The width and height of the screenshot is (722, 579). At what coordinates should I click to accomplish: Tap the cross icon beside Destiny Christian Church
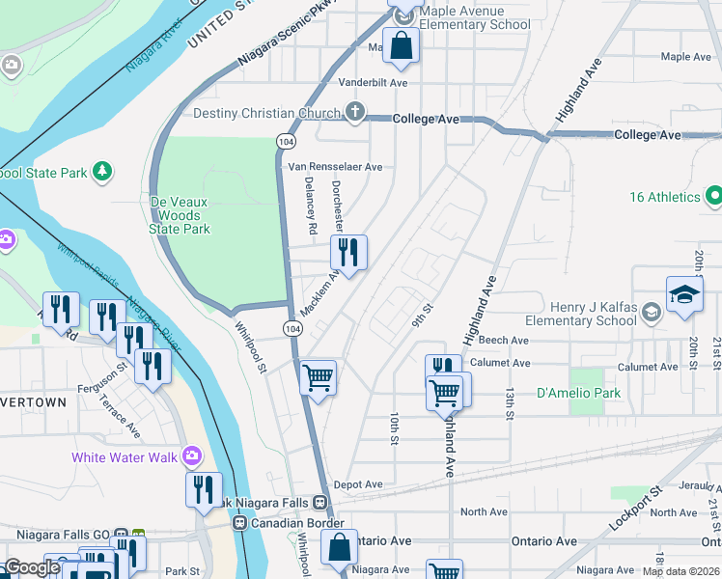point(355,113)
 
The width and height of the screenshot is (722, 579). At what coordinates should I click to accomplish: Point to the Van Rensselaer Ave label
point(335,167)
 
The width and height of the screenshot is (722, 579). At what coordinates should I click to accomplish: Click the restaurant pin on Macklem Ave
point(348,253)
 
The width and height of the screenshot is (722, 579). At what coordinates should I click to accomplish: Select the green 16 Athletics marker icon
point(714,197)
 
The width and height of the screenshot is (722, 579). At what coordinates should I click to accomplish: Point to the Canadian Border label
point(295,523)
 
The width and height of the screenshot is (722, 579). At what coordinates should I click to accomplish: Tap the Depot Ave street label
point(358,484)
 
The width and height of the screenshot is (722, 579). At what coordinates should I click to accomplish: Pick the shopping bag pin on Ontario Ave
point(340,547)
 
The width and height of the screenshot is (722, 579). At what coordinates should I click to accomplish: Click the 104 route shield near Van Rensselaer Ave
point(286,141)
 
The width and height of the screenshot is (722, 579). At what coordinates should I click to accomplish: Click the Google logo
point(33,567)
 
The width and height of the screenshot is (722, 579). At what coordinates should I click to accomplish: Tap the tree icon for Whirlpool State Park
point(101,172)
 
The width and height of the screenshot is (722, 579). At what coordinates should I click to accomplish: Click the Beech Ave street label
point(503,341)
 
